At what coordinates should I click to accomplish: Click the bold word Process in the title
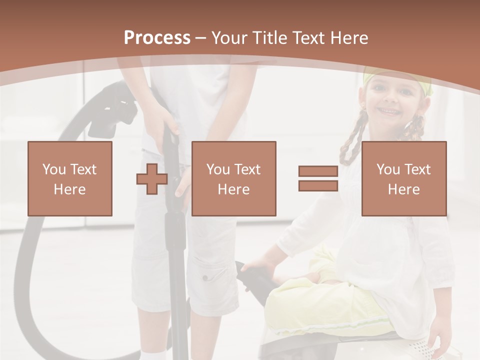pos(157,38)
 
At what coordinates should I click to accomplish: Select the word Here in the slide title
pos(348,38)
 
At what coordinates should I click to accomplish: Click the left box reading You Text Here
pos(70,178)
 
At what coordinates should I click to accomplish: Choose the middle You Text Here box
pos(233,178)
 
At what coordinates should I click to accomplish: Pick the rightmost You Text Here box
pos(404,178)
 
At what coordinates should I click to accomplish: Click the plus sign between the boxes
pos(152,178)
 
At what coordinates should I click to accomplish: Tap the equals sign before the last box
pos(318,178)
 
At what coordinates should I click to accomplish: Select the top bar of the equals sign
pos(318,171)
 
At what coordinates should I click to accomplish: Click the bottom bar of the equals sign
pos(318,185)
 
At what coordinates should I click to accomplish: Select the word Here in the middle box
pos(233,189)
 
